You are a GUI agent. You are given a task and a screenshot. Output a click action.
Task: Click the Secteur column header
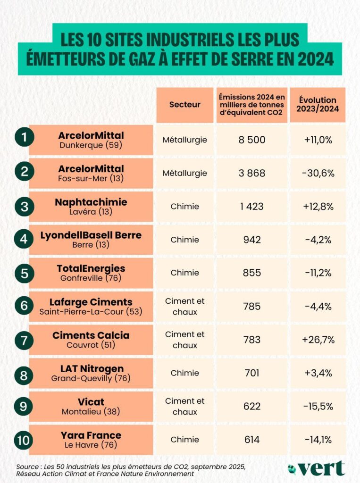pyautogui.click(x=184, y=105)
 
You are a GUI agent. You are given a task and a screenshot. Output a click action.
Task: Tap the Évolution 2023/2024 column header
pyautogui.click(x=317, y=105)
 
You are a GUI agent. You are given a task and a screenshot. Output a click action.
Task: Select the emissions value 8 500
pyautogui.click(x=252, y=140)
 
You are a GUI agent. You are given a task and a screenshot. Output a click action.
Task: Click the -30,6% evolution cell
pyautogui.click(x=318, y=173)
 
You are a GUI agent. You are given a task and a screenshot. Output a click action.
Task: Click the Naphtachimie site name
pyautogui.click(x=92, y=202)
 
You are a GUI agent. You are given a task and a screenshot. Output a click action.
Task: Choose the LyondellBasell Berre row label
pyautogui.click(x=92, y=240)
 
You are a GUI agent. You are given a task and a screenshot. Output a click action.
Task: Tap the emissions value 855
pyautogui.click(x=252, y=273)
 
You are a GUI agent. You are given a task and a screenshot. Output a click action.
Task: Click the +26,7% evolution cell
pyautogui.click(x=318, y=340)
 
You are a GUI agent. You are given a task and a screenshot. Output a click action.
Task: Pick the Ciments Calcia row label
pyautogui.click(x=92, y=340)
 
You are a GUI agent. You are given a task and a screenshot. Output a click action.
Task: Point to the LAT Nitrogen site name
pyautogui.click(x=92, y=368)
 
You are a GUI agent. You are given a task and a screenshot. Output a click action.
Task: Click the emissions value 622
pyautogui.click(x=252, y=406)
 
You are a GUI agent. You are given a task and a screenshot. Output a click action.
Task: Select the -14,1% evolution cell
pyautogui.click(x=318, y=440)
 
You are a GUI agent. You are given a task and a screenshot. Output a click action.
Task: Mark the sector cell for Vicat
pyautogui.click(x=184, y=406)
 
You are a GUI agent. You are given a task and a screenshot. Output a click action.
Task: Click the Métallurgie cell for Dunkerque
pyautogui.click(x=184, y=140)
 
